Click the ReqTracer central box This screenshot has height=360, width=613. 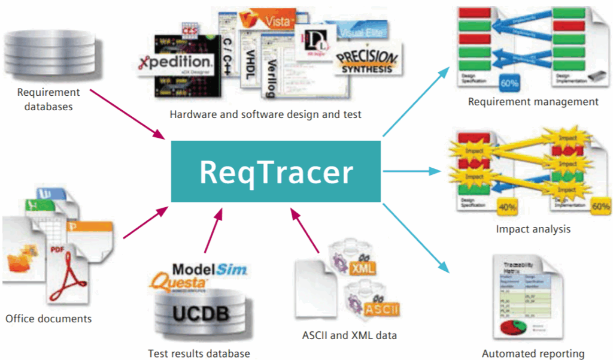click(276, 171)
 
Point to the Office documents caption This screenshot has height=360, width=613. click(48, 319)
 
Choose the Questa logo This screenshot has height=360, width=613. click(180, 281)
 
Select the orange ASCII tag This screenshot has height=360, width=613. click(378, 309)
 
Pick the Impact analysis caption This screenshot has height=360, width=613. click(533, 229)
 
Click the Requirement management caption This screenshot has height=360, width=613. click(533, 102)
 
